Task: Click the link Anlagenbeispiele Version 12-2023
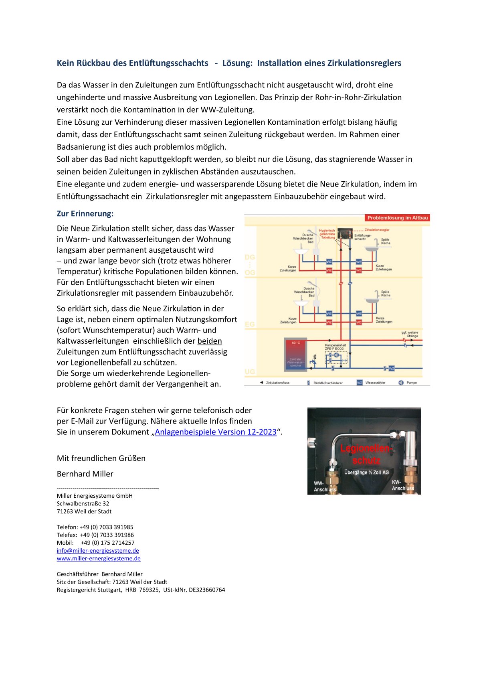216,432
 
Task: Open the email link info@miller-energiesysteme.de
98,551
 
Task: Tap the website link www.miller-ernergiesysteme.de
99,558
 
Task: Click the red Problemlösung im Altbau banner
397,218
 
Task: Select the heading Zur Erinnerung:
85,214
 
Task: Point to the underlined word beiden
210,341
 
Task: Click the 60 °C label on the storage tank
296,343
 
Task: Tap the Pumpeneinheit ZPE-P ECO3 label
335,347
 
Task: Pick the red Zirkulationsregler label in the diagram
377,230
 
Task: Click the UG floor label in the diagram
250,372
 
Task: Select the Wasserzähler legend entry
375,383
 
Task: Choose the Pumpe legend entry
412,383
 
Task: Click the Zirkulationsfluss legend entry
277,383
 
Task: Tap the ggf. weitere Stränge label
410,334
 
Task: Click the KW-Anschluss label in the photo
403,485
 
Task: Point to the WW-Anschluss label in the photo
325,486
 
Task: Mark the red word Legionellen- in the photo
366,448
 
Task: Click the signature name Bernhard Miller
85,474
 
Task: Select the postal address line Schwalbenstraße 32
83,503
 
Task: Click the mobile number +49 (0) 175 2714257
107,543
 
